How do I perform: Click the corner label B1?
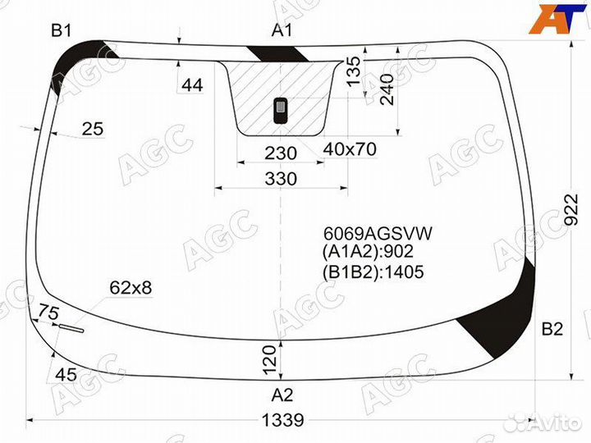point(62,31)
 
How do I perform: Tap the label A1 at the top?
point(282,31)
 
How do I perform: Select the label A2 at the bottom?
point(282,391)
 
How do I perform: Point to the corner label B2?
point(552,330)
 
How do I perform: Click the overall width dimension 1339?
point(282,420)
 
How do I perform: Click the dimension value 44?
point(192,84)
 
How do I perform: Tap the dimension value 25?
point(94,128)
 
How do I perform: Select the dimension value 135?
point(354,71)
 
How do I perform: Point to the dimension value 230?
point(281,153)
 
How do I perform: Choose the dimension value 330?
point(281,179)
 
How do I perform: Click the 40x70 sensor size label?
point(349,150)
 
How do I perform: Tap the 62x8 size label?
point(131,287)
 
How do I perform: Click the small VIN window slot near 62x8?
point(70,330)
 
